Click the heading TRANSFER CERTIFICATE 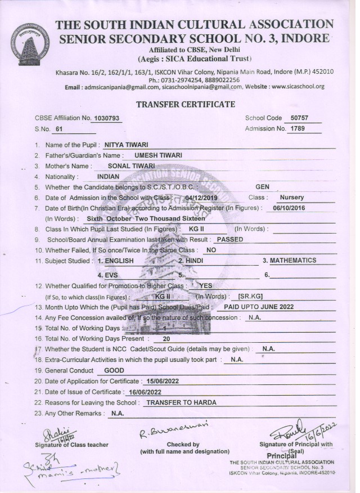[186, 105]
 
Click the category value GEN [263, 187]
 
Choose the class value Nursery [291, 198]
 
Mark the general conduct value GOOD [114, 370]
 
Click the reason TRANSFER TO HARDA [181, 402]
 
